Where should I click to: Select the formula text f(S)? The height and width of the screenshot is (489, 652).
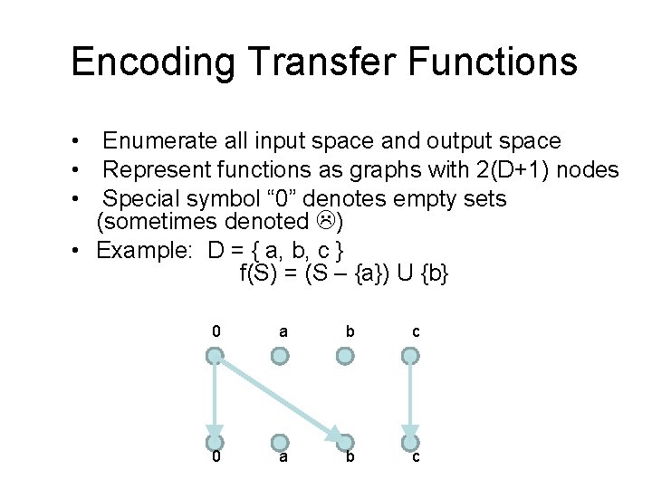258,273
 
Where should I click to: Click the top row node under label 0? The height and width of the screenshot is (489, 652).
215,357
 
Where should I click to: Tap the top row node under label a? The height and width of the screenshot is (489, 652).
281,357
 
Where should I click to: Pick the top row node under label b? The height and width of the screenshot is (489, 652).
346,357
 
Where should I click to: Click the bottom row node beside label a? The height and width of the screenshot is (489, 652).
281,442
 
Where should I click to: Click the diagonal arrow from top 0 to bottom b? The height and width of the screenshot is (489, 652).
281,399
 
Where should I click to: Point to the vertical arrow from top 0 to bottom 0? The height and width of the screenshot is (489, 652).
215,398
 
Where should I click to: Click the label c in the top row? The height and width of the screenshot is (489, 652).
416,331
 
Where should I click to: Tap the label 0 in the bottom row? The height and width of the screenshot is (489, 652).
216,458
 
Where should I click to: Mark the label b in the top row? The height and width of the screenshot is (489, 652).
350,331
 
